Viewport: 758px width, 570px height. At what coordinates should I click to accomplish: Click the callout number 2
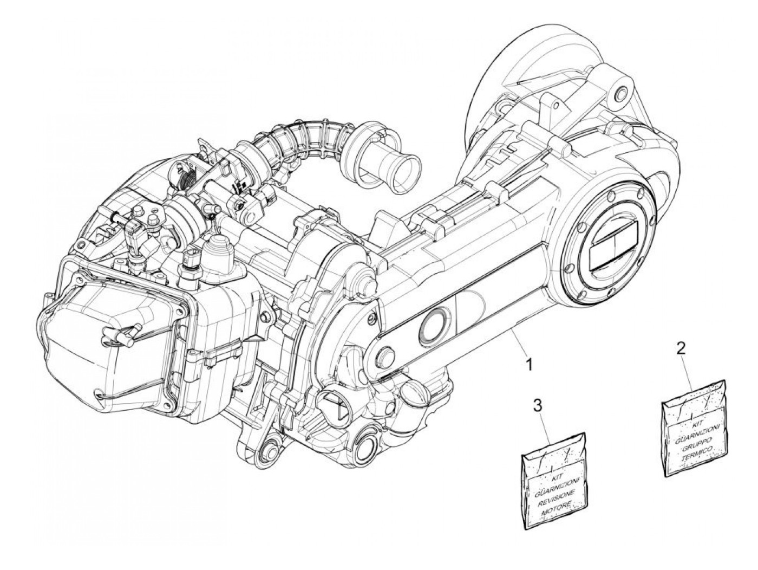click(x=682, y=347)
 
